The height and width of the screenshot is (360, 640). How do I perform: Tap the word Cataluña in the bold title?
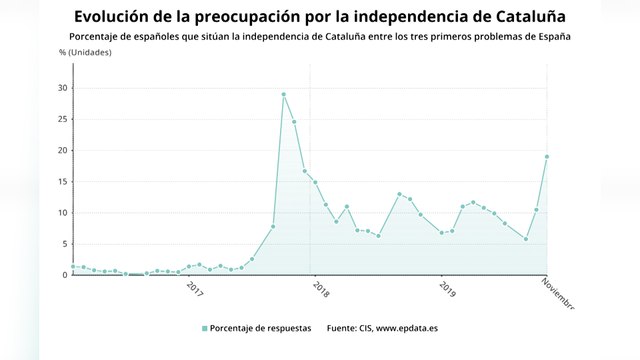click(523, 17)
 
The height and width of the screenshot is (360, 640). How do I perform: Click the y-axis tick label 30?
click(62, 88)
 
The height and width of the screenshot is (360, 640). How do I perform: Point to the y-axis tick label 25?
click(62, 119)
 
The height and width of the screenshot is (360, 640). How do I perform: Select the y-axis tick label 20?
click(62, 150)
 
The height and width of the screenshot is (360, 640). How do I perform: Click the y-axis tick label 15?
click(62, 182)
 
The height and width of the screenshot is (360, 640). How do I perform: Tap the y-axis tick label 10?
click(62, 213)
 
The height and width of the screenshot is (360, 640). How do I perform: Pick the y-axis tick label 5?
click(64, 244)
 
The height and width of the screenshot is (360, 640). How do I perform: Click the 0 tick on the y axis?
click(64, 275)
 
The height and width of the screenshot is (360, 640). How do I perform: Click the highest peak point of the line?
click(283, 94)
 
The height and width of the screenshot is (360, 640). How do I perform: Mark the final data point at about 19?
click(547, 156)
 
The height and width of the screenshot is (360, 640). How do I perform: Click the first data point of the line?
click(73, 266)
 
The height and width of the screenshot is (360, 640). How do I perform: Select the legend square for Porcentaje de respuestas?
click(204, 328)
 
